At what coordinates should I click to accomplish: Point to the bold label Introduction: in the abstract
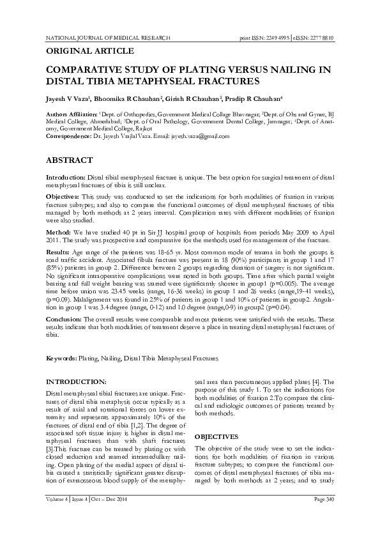66,176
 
